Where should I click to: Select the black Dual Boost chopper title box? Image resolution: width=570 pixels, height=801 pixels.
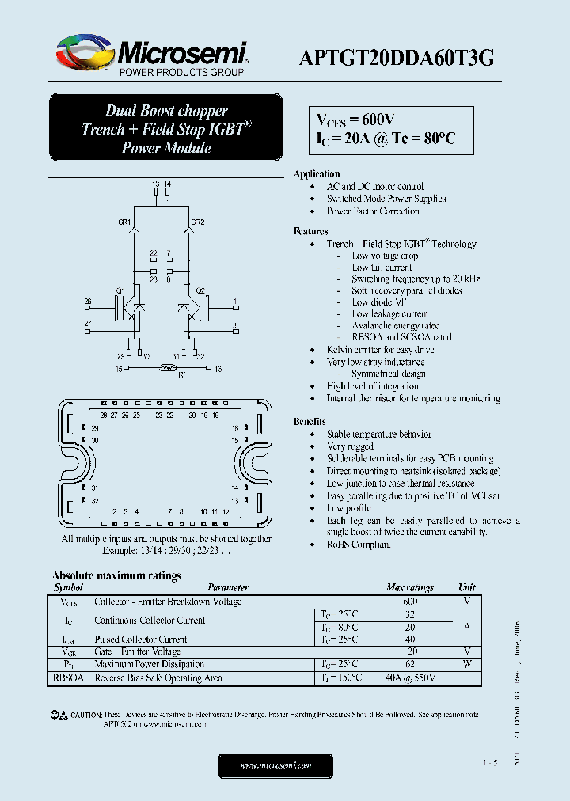point(165,128)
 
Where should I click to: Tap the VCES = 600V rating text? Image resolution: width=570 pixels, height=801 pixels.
point(355,120)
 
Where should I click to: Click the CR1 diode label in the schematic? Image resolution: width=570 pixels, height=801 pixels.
point(124,222)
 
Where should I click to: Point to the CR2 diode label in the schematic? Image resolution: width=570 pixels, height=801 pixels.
point(198,222)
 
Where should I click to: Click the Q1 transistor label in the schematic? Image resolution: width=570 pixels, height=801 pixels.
point(120,290)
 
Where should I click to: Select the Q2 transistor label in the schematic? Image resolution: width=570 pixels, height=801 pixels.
point(200,290)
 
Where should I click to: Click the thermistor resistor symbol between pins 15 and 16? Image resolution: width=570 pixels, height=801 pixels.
point(166,368)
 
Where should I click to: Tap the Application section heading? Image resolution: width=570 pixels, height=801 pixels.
point(317,174)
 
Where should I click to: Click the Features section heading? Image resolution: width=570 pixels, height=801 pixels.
point(310,231)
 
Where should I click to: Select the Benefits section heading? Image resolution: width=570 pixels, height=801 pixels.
point(310,422)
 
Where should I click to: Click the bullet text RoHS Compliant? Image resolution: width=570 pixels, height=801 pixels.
point(359,545)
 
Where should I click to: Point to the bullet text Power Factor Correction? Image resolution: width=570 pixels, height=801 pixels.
point(373,211)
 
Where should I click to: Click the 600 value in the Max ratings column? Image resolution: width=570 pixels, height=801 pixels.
point(410,602)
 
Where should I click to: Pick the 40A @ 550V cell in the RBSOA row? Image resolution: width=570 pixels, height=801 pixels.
point(410,678)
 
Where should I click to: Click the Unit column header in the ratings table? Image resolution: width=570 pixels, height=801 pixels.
point(467,587)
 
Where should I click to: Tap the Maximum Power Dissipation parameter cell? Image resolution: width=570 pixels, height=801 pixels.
point(149,665)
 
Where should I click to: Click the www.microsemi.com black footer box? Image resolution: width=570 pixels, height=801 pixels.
point(275,765)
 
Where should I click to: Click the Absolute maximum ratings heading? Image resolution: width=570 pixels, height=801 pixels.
point(116,575)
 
